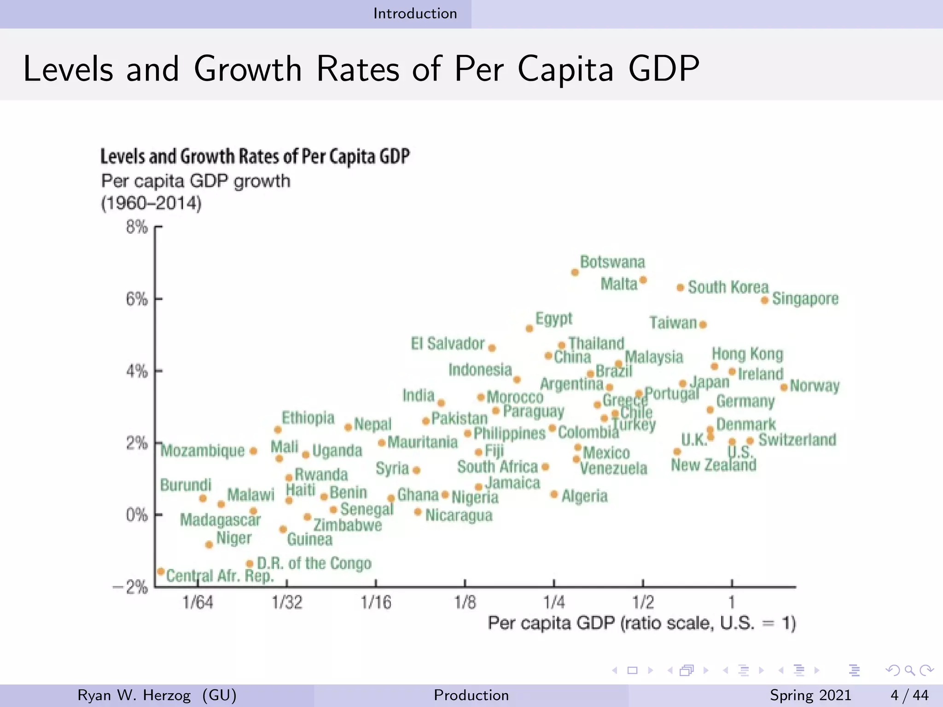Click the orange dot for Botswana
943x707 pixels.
(x=575, y=272)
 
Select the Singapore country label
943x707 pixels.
(x=805, y=299)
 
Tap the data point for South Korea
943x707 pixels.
(x=680, y=288)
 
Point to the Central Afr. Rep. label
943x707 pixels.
(x=220, y=576)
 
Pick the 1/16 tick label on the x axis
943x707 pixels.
(x=376, y=602)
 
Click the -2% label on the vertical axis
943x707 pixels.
(x=130, y=587)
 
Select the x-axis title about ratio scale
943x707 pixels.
(x=641, y=623)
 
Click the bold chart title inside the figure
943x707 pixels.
(x=255, y=156)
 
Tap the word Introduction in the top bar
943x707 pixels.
(x=415, y=13)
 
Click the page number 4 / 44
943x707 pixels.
(x=909, y=695)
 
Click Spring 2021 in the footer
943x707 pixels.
(x=810, y=695)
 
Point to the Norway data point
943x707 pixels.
(x=784, y=388)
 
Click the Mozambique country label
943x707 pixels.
(x=203, y=451)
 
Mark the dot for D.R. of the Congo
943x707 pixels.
(x=250, y=564)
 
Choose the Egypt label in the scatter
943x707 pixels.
(x=553, y=319)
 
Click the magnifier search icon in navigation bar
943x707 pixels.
(x=909, y=671)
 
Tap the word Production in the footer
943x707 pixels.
(x=471, y=695)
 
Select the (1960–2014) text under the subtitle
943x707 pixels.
(x=151, y=203)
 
